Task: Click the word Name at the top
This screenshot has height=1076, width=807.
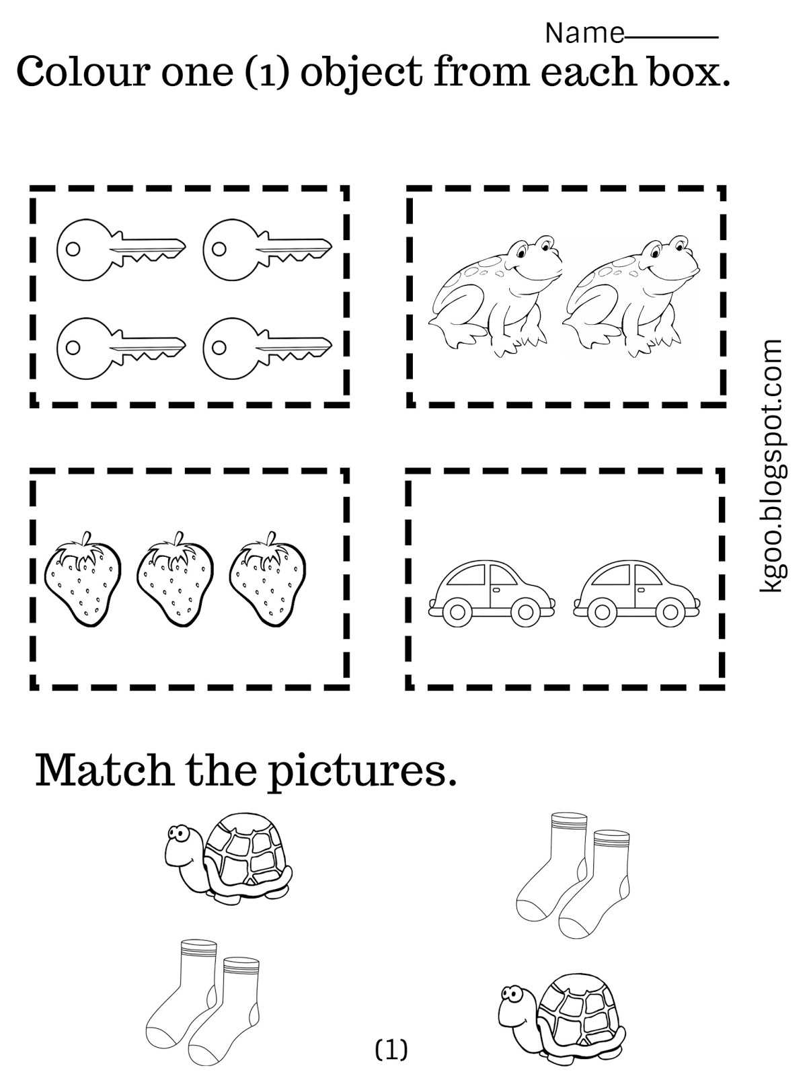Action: point(584,33)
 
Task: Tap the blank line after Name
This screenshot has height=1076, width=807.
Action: point(671,37)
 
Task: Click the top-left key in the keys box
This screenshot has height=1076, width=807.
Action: point(121,247)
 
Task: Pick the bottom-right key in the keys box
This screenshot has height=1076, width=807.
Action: point(267,348)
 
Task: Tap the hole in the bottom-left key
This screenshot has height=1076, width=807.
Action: point(73,348)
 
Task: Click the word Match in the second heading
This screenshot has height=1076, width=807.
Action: point(104,770)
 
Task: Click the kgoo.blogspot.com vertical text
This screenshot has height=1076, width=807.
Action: point(773,465)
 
